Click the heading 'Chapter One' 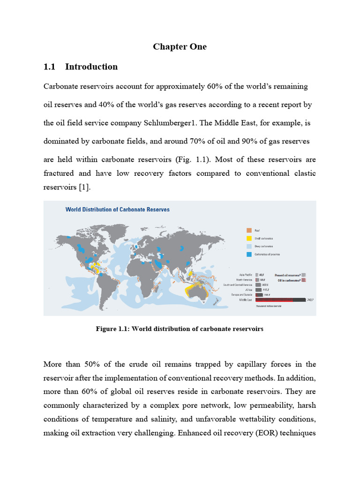(180, 47)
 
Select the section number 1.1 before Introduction (50, 67)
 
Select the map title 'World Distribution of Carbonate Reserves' (117, 210)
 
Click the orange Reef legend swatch (249, 230)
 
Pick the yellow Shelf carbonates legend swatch (249, 238)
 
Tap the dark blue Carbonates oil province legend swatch (249, 254)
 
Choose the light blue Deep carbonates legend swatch (249, 246)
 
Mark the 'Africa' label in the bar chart (249, 289)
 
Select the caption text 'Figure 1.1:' (113, 329)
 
